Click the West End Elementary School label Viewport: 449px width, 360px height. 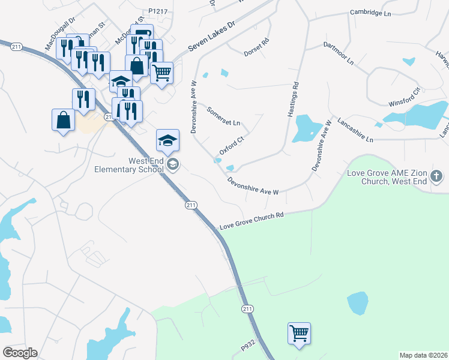[x=128, y=165]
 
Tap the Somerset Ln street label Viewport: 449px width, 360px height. [x=223, y=117]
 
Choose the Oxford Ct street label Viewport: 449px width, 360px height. [x=231, y=146]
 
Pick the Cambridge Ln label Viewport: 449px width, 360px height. [x=370, y=11]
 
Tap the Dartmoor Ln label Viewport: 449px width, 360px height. [x=339, y=53]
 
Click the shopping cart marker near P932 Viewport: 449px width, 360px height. [x=299, y=333]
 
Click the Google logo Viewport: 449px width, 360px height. [x=20, y=353]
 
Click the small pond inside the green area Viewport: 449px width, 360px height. [x=357, y=303]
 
